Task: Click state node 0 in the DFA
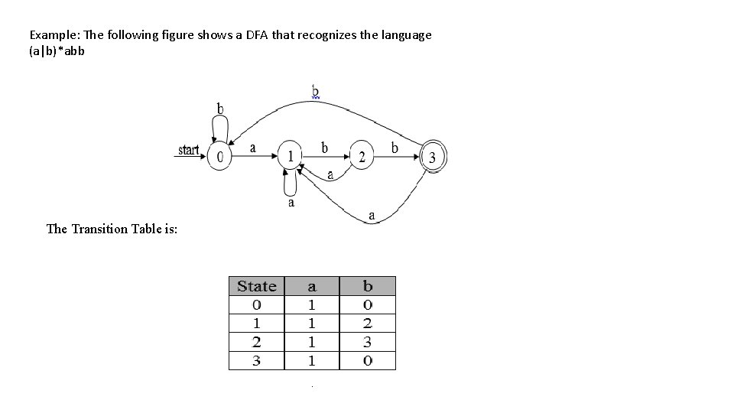pos(220,158)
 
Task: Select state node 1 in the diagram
pos(291,157)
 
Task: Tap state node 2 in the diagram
pos(362,158)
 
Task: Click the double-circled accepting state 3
pos(433,158)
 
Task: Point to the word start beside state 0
pos(189,150)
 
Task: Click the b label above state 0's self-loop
pos(220,109)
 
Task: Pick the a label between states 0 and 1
pos(253,148)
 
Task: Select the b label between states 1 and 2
pos(325,146)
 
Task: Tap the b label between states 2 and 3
pos(395,147)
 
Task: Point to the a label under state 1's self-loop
pos(291,203)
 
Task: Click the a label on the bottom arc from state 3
pos(372,216)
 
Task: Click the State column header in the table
pos(256,286)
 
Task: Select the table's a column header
pos(312,286)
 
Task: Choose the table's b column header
pos(368,286)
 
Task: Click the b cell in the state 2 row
pos(368,342)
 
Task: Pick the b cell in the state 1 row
pos(368,324)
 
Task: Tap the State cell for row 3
pos(256,360)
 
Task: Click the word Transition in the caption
pos(108,229)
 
